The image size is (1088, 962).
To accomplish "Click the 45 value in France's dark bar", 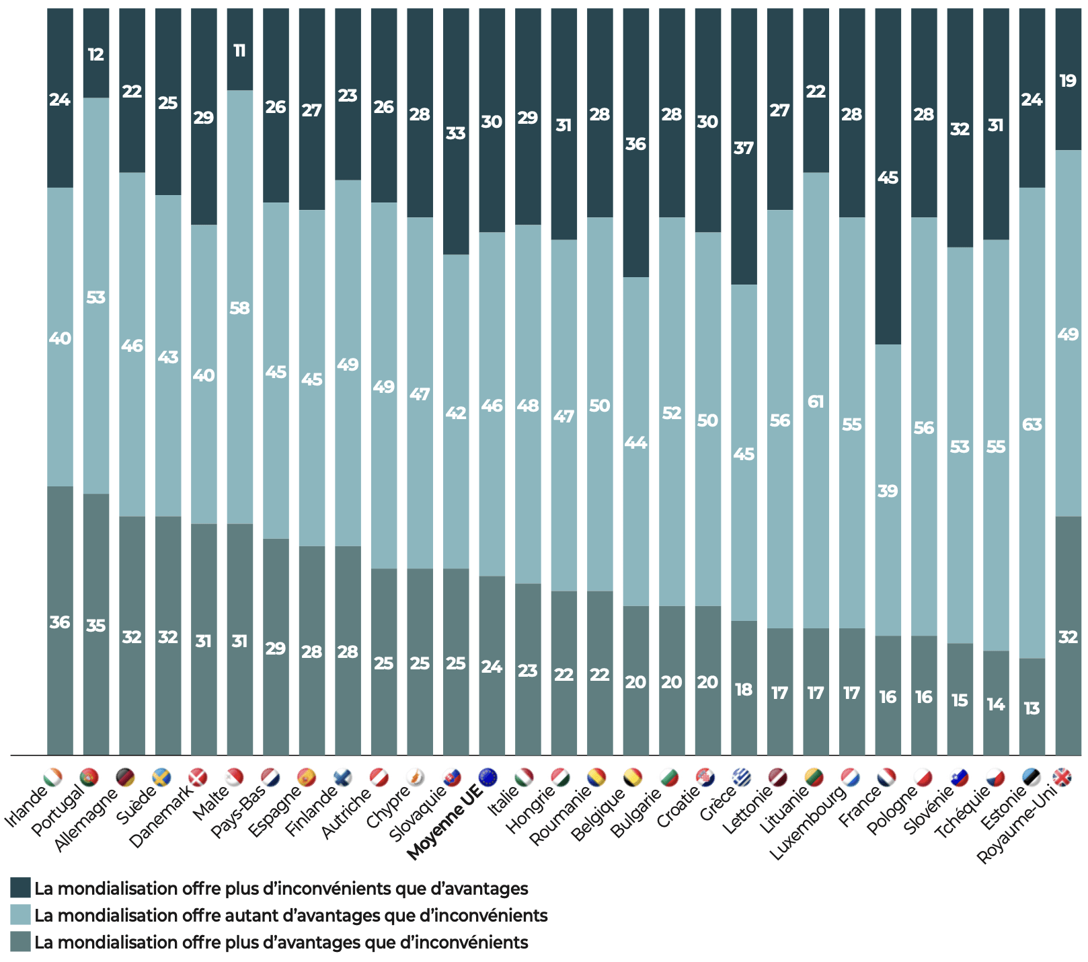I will tap(888, 178).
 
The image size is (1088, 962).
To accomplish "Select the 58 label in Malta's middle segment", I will tap(239, 308).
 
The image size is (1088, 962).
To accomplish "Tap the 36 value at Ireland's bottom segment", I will tap(60, 622).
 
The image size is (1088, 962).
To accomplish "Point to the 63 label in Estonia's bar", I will tap(1032, 424).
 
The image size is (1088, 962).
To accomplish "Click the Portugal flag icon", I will tap(89, 778).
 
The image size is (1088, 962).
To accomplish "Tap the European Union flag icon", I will tap(488, 778).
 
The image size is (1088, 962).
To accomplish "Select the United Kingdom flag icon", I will tap(1062, 778).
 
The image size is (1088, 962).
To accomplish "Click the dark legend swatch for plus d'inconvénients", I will tap(21, 888).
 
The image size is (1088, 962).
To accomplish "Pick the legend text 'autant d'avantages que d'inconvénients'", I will tap(290, 915).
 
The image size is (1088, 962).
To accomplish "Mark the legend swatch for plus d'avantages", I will tap(21, 942).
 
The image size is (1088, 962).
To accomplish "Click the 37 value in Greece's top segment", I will tap(743, 148).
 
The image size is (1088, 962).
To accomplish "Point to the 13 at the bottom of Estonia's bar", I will tap(1032, 708).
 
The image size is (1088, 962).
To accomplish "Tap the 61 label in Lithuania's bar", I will tap(816, 402).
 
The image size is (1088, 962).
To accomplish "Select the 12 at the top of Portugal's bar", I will tap(95, 54).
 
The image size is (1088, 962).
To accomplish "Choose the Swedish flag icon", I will tap(161, 778).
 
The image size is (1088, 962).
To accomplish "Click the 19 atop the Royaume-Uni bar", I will tap(1068, 81).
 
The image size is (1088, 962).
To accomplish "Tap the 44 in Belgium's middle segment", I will tap(635, 443).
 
